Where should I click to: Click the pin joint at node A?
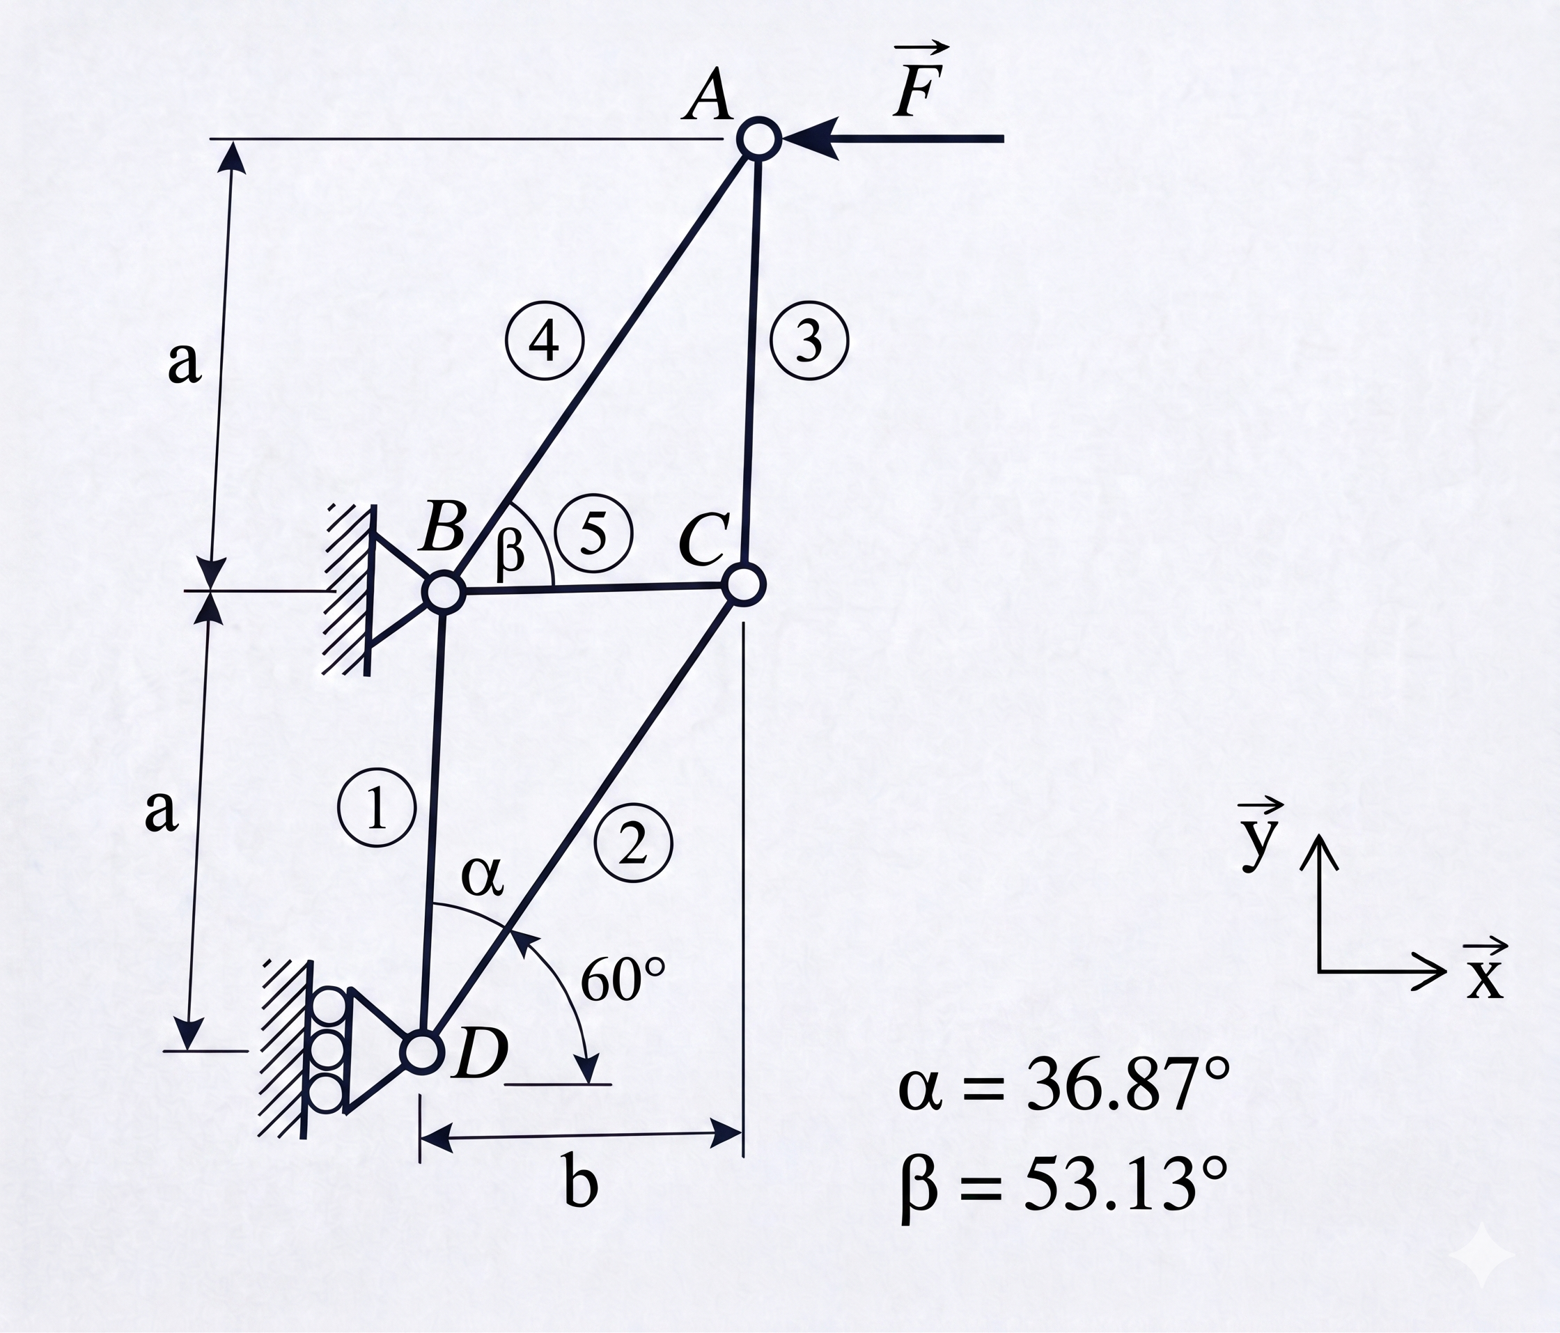pyautogui.click(x=759, y=138)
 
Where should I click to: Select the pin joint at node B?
pyautogui.click(x=444, y=592)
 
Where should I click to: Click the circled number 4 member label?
pyautogui.click(x=544, y=341)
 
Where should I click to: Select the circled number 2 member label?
pyautogui.click(x=632, y=844)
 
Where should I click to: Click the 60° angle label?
pyautogui.click(x=624, y=981)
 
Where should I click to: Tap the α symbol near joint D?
pyautogui.click(x=482, y=878)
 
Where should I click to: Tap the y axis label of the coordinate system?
pyautogui.click(x=1258, y=834)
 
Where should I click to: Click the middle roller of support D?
pyautogui.click(x=328, y=1047)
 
